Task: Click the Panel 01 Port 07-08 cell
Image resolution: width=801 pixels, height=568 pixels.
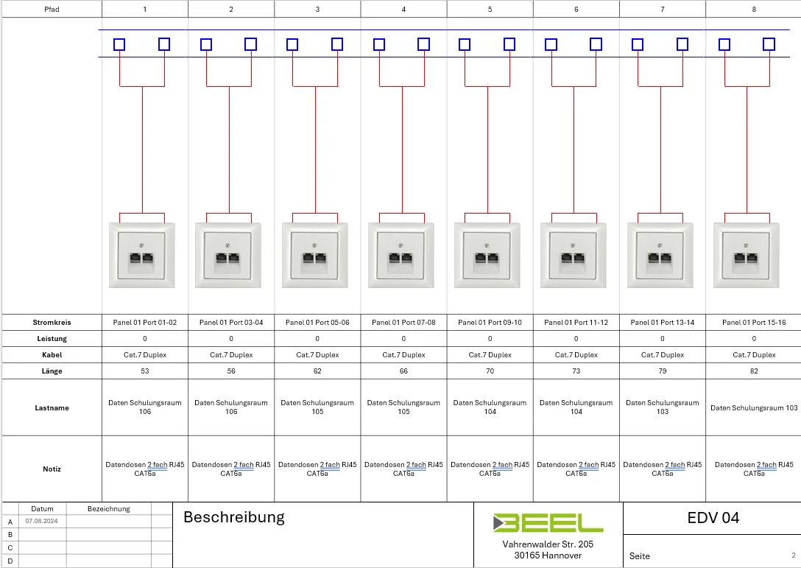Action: [x=403, y=323]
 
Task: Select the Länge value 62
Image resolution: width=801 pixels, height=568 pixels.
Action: [x=317, y=371]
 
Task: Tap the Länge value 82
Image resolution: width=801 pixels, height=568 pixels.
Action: [x=754, y=371]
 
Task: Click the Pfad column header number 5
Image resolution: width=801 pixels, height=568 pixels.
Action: [x=490, y=9]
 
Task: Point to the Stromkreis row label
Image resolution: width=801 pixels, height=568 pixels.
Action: [x=52, y=323]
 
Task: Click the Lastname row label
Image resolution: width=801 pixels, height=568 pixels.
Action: [x=52, y=408]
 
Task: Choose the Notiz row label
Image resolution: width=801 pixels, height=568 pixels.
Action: [x=52, y=469]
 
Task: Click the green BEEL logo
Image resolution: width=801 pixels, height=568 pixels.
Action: [x=548, y=523]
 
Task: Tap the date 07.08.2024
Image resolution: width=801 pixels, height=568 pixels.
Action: [x=41, y=521]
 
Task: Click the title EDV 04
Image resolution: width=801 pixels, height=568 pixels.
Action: [x=713, y=518]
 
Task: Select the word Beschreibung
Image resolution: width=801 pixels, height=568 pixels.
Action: [x=234, y=517]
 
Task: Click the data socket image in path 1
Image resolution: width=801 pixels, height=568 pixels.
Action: [x=142, y=255]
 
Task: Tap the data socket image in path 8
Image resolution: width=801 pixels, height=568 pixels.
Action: [x=747, y=255]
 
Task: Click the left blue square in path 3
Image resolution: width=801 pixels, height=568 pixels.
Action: [x=292, y=44]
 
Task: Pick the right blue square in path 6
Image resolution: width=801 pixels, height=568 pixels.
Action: [x=596, y=44]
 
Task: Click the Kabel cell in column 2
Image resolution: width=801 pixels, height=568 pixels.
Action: [x=231, y=355]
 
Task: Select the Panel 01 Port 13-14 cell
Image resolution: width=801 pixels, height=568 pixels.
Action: [x=663, y=323]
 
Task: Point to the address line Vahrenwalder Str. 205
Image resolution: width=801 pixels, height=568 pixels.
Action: [x=548, y=544]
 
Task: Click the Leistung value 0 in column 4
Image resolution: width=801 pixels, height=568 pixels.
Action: [x=403, y=338]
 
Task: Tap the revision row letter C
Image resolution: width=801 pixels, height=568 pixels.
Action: [x=10, y=547]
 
